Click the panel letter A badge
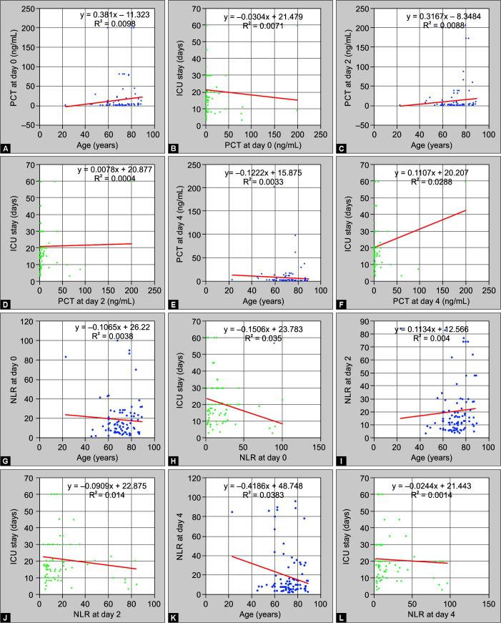6,149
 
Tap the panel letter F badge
341,305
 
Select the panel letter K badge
173,618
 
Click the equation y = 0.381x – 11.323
115,15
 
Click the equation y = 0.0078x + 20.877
115,170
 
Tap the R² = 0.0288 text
431,182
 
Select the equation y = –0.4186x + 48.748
263,486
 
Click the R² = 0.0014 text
431,495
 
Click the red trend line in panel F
420,229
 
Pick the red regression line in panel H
244,411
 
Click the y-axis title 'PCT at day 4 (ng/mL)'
180,224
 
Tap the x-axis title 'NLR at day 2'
97,614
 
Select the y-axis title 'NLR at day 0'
14,380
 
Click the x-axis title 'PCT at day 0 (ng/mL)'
263,145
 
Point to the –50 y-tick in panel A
28,125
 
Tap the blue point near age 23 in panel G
66,357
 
